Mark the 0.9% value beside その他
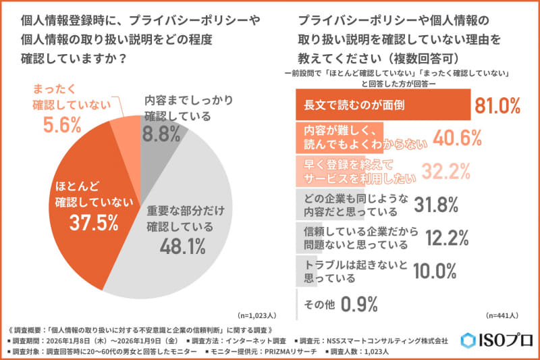coord(358,304)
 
